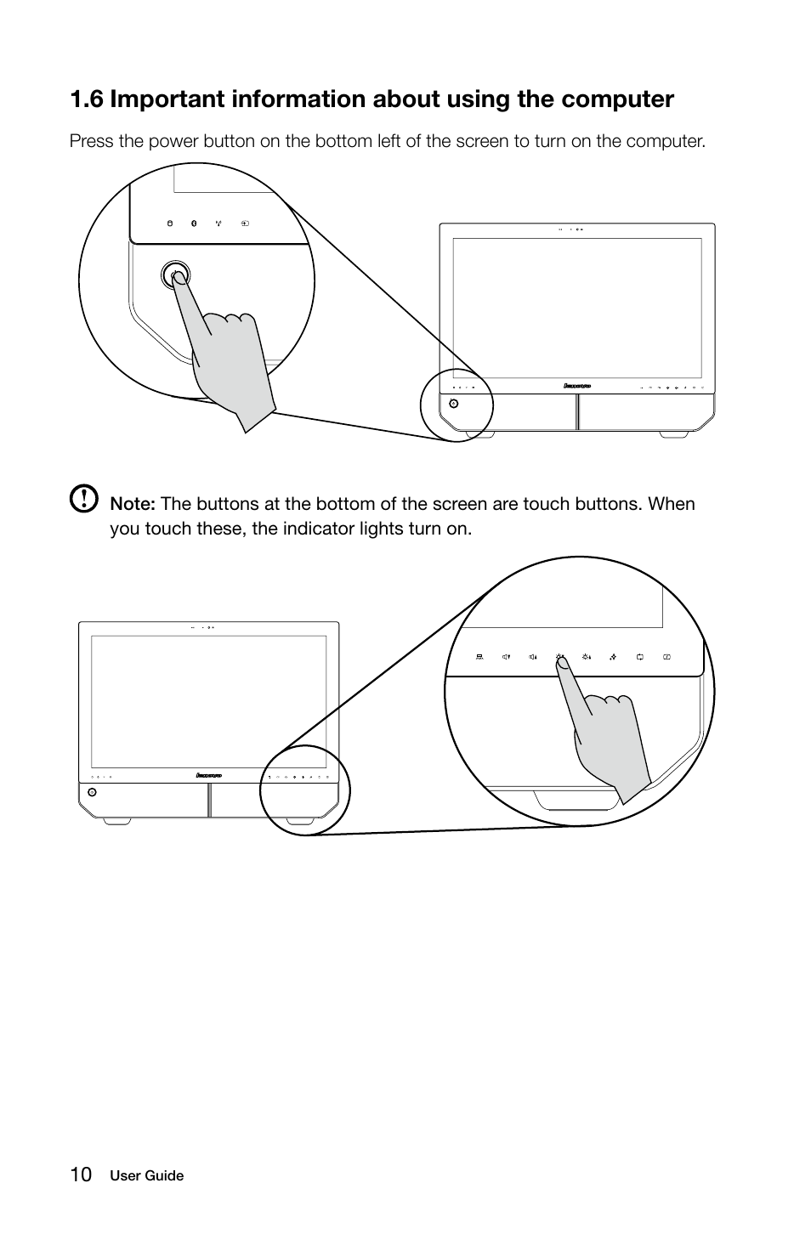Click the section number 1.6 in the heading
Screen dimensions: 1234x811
(88, 99)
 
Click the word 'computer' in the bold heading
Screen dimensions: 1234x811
(621, 99)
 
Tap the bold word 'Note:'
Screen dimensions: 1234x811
(133, 504)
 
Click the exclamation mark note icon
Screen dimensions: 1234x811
(83, 499)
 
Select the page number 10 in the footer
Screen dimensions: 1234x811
(81, 1175)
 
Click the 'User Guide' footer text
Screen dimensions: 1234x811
(146, 1176)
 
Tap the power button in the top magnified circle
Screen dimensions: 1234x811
(175, 275)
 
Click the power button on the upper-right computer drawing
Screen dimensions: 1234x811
(453, 403)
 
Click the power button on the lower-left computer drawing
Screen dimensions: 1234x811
(92, 792)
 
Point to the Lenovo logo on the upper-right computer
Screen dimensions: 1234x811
(577, 386)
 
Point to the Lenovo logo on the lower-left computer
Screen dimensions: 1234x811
(208, 775)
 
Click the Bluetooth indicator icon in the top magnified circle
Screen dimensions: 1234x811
(193, 224)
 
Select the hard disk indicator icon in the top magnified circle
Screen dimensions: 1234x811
(168, 224)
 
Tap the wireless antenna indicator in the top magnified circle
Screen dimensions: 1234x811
(218, 224)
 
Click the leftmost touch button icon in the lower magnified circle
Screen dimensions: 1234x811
(480, 657)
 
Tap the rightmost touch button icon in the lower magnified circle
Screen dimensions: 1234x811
(667, 657)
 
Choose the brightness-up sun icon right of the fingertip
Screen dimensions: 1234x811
(587, 657)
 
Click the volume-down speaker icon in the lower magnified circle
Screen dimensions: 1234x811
(507, 657)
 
